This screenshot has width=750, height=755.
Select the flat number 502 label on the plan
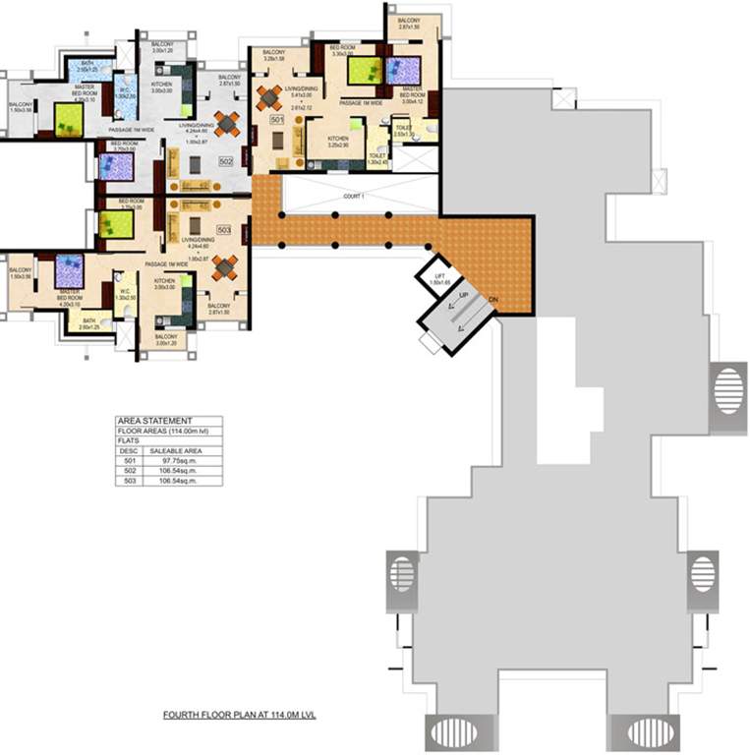tap(225, 161)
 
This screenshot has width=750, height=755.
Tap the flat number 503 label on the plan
tap(223, 230)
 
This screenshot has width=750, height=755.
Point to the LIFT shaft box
tap(437, 277)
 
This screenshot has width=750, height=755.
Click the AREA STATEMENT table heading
tap(146, 420)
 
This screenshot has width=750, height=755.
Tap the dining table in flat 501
tap(269, 97)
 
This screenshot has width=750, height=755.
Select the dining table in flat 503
tap(225, 266)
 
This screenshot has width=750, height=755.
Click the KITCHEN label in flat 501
tap(338, 139)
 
